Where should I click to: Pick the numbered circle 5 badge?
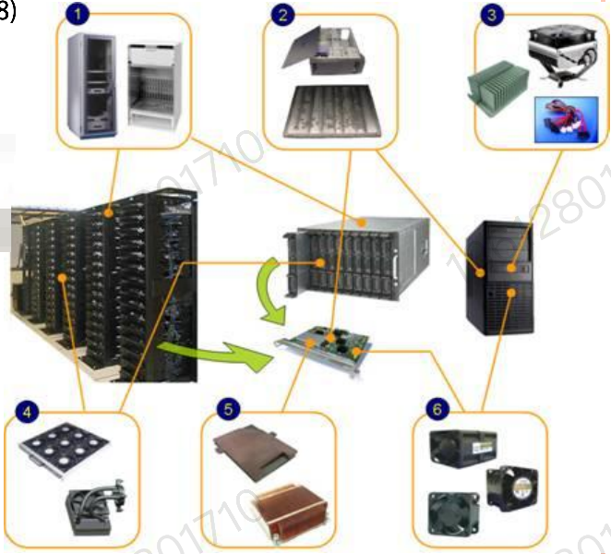point(222,407)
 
